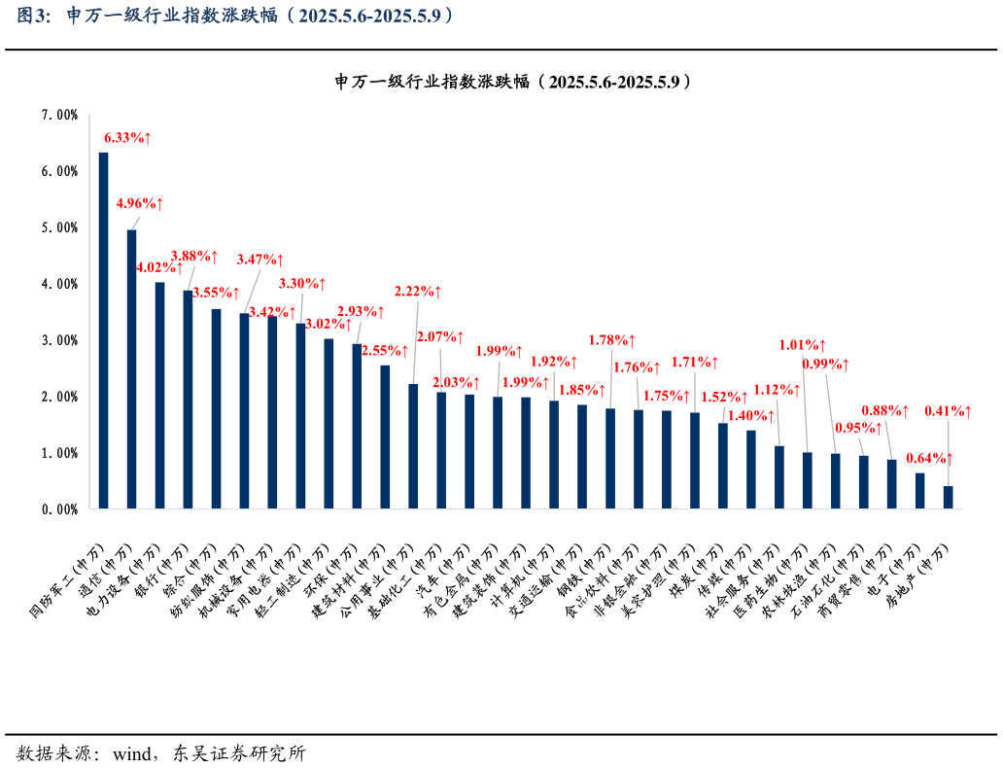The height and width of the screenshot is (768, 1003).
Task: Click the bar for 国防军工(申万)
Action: tap(103, 331)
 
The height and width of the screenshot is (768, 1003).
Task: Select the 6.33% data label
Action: tap(127, 138)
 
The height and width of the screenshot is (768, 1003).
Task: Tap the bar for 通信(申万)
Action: tap(131, 369)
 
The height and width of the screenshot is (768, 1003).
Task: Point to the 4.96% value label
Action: tap(139, 204)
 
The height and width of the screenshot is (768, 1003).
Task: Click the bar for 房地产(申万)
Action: tap(948, 497)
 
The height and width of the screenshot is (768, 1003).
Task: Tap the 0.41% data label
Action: tap(948, 412)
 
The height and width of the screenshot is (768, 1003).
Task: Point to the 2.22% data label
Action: tap(418, 292)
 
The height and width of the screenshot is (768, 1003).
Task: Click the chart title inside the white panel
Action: tap(514, 82)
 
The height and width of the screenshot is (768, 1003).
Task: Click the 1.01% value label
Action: tap(803, 345)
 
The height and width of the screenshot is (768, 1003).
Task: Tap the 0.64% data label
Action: tap(929, 458)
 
